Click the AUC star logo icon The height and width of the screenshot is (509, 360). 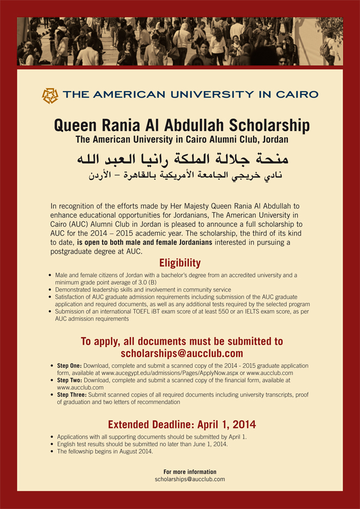click(x=50, y=95)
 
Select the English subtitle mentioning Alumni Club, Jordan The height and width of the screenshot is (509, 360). click(x=182, y=140)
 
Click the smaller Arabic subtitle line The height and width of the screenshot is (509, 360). click(x=182, y=176)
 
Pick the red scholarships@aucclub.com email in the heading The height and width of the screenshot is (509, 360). click(x=182, y=354)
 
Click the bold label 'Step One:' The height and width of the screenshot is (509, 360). click(x=69, y=366)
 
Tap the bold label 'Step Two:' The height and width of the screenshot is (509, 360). click(x=69, y=380)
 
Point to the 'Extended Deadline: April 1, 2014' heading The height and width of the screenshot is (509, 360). click(x=182, y=424)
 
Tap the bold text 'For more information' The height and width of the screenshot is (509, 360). click(x=190, y=472)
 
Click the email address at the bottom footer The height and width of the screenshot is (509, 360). click(x=190, y=479)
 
